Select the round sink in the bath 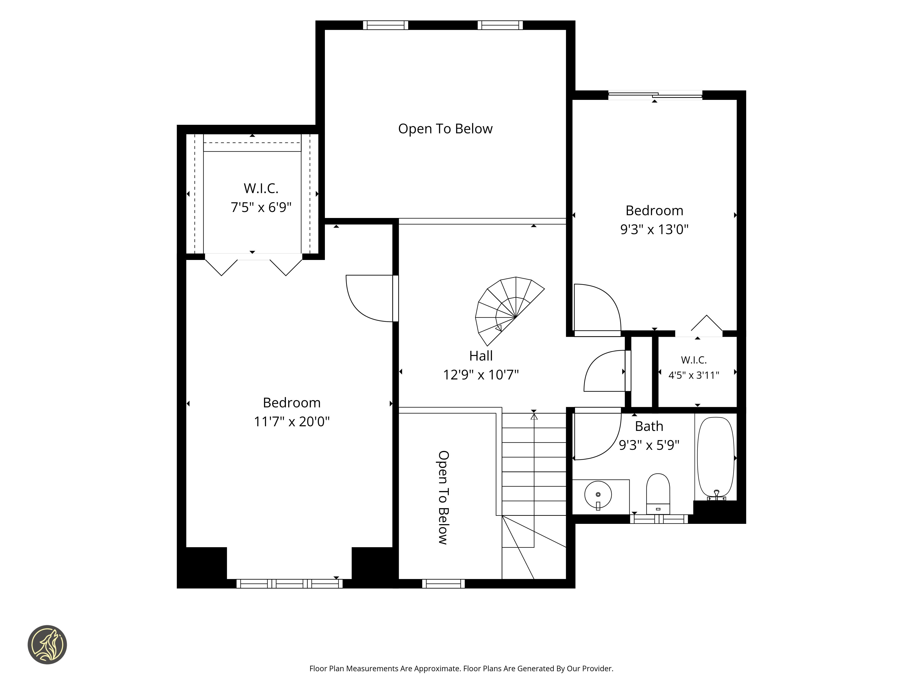coord(598,495)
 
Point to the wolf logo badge coord(47,644)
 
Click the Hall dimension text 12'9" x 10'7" coord(481,375)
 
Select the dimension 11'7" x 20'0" coord(292,421)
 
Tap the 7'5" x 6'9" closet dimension coord(261,207)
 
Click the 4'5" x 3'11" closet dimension coord(694,375)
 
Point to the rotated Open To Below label coord(443,497)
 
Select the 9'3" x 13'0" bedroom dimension coord(654,229)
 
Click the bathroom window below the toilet coord(659,519)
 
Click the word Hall coord(481,356)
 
